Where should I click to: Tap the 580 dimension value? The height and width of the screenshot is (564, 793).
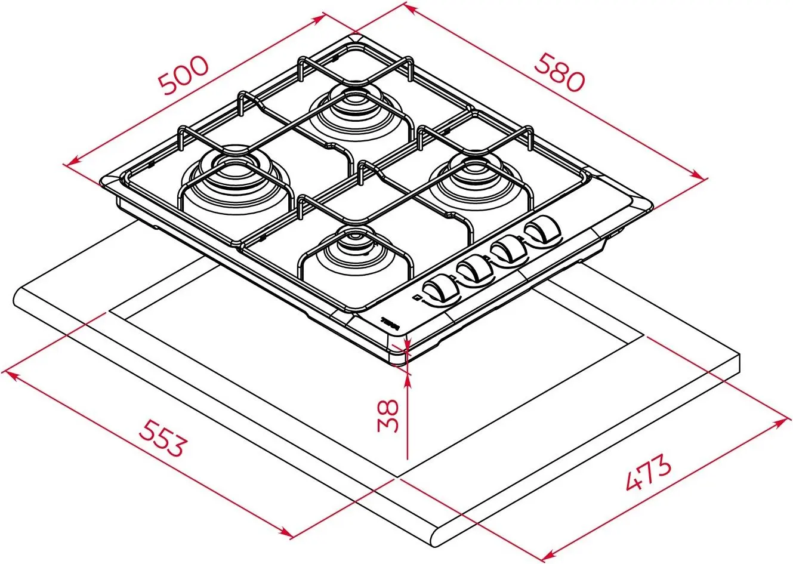coord(558,72)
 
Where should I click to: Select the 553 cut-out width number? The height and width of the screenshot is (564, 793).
coord(161,437)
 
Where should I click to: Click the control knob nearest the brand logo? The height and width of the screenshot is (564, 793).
coord(442,289)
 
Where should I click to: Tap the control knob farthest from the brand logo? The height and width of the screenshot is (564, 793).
coord(544,229)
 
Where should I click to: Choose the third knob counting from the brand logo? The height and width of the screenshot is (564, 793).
coord(510,248)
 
